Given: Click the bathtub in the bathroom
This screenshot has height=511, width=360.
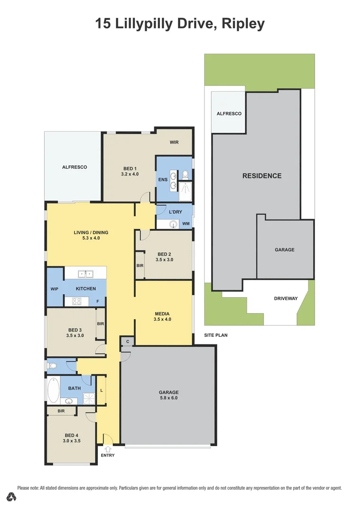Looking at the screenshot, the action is click(x=54, y=390).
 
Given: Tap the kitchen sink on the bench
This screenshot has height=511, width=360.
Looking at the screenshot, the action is click(x=85, y=274).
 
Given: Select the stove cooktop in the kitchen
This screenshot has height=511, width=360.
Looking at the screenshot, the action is click(x=77, y=301).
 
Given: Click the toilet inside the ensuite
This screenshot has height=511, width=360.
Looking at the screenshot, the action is click(x=185, y=175).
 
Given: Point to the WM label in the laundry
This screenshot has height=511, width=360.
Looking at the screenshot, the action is click(x=186, y=223).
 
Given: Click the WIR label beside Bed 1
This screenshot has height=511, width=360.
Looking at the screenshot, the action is click(x=174, y=142).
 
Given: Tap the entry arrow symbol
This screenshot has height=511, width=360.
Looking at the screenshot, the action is click(x=108, y=449).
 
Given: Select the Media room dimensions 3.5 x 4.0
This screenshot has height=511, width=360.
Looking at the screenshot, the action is click(x=162, y=319).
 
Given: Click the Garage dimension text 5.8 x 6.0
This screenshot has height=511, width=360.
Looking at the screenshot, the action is click(x=169, y=398).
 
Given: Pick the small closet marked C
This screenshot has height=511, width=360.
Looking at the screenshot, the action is click(x=128, y=342).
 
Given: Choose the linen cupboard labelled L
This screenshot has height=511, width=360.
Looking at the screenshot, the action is click(x=102, y=390).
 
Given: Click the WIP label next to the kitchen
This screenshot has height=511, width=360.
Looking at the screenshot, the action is click(x=54, y=289).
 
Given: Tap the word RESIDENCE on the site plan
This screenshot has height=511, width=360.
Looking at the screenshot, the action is click(x=262, y=176).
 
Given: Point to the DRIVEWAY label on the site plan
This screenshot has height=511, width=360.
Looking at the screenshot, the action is click(x=286, y=298).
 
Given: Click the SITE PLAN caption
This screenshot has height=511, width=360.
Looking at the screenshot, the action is click(x=216, y=335).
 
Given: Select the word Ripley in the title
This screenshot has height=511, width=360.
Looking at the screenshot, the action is click(x=243, y=24).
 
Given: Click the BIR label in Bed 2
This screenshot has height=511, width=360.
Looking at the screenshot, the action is click(x=140, y=265).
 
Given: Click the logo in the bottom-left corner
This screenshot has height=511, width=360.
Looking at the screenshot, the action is click(x=11, y=497).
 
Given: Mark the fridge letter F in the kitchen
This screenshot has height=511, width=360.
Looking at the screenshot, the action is click(x=98, y=301).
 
